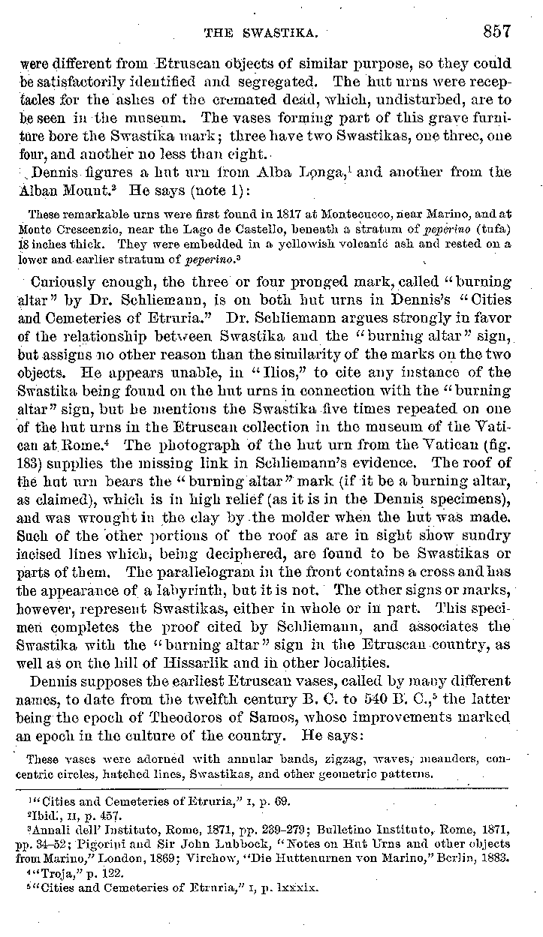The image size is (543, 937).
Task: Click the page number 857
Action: click(496, 32)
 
